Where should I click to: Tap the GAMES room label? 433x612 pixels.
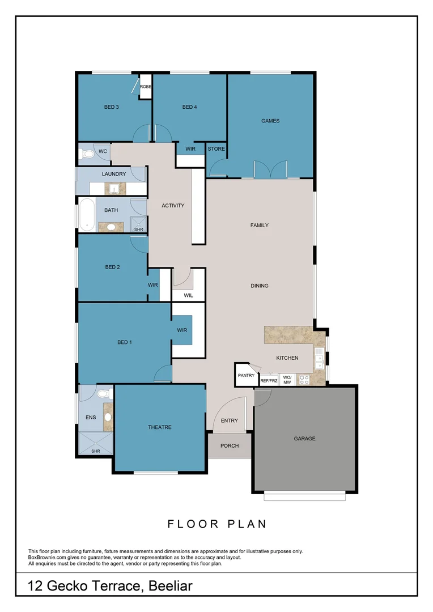270,121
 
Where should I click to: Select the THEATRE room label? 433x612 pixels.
160,427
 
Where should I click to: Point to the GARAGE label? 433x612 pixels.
304,439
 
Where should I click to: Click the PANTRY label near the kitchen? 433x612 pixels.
246,376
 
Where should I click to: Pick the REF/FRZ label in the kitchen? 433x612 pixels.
269,381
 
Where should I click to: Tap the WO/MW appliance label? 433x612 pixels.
287,380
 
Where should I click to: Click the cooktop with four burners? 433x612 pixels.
304,380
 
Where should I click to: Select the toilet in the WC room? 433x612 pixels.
88,153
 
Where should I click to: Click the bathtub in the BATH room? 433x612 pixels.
87,215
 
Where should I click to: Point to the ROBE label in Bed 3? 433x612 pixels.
146,87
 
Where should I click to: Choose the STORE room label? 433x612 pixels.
216,149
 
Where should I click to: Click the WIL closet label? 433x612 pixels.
188,295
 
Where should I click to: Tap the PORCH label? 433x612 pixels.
230,445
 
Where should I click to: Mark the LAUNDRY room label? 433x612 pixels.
114,174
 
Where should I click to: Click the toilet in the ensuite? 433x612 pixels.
104,393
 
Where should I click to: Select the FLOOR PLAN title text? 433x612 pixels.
216,524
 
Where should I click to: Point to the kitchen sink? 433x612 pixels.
319,356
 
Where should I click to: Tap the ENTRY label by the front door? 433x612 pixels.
230,420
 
